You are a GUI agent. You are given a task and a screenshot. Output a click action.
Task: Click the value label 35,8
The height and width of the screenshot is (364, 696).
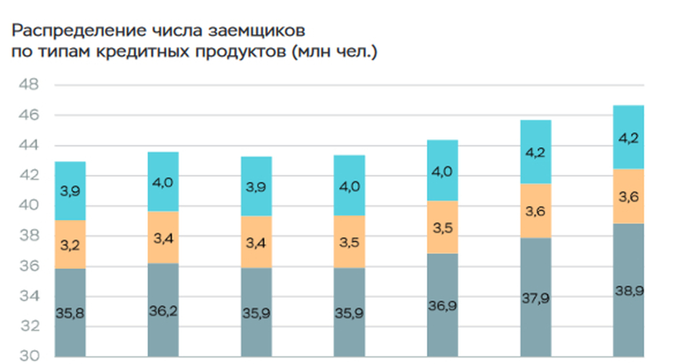coord(70,314)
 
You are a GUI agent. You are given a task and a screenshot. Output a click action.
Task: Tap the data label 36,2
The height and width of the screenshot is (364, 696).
coord(163,312)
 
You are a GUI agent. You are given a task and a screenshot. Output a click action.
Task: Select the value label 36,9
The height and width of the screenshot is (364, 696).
coord(443,305)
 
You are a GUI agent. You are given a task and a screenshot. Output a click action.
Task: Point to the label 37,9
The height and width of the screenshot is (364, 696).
coord(535,299)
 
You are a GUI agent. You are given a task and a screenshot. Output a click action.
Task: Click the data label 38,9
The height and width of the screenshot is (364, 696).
coord(629,292)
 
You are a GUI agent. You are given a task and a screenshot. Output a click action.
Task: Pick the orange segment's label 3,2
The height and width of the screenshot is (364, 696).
coord(70,245)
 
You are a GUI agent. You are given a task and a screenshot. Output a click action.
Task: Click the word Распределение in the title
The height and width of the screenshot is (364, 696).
coord(68,30)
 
